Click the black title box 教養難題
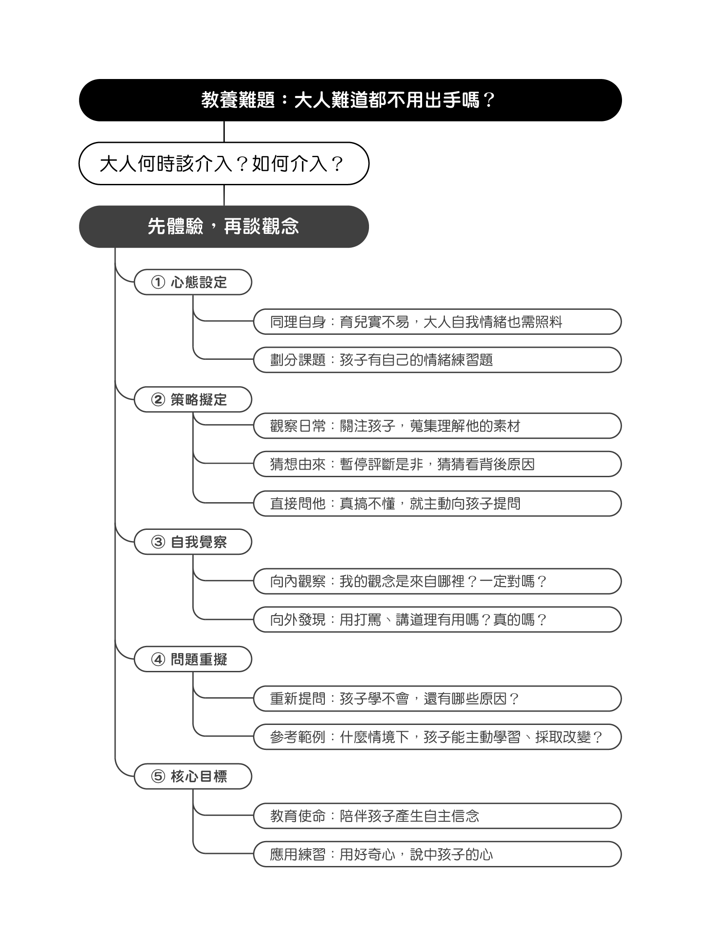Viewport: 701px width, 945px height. [x=350, y=100]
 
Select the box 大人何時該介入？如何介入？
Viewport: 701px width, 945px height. [x=224, y=163]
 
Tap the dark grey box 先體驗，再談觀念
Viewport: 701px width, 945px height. [x=224, y=227]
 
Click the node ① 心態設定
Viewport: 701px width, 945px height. [x=193, y=282]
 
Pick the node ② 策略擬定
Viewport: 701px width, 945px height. [x=193, y=400]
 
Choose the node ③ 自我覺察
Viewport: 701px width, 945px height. [x=193, y=542]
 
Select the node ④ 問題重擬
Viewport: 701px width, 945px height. [x=193, y=659]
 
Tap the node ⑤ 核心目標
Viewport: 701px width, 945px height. [x=193, y=776]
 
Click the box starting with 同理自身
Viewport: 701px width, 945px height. [x=437, y=322]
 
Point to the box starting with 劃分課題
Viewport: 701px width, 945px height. [x=437, y=360]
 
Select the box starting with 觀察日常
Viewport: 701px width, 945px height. [x=437, y=426]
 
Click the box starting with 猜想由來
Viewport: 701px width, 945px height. [x=437, y=464]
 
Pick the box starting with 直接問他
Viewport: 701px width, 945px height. [x=437, y=504]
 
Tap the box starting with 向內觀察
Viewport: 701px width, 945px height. [x=437, y=581]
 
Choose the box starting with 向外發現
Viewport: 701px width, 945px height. [x=437, y=620]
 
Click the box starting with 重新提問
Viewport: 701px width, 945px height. [x=437, y=699]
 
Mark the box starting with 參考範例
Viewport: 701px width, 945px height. [x=437, y=737]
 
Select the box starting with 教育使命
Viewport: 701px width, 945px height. [x=437, y=816]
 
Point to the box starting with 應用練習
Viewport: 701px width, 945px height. [x=437, y=854]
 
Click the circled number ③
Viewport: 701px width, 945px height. [x=158, y=542]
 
